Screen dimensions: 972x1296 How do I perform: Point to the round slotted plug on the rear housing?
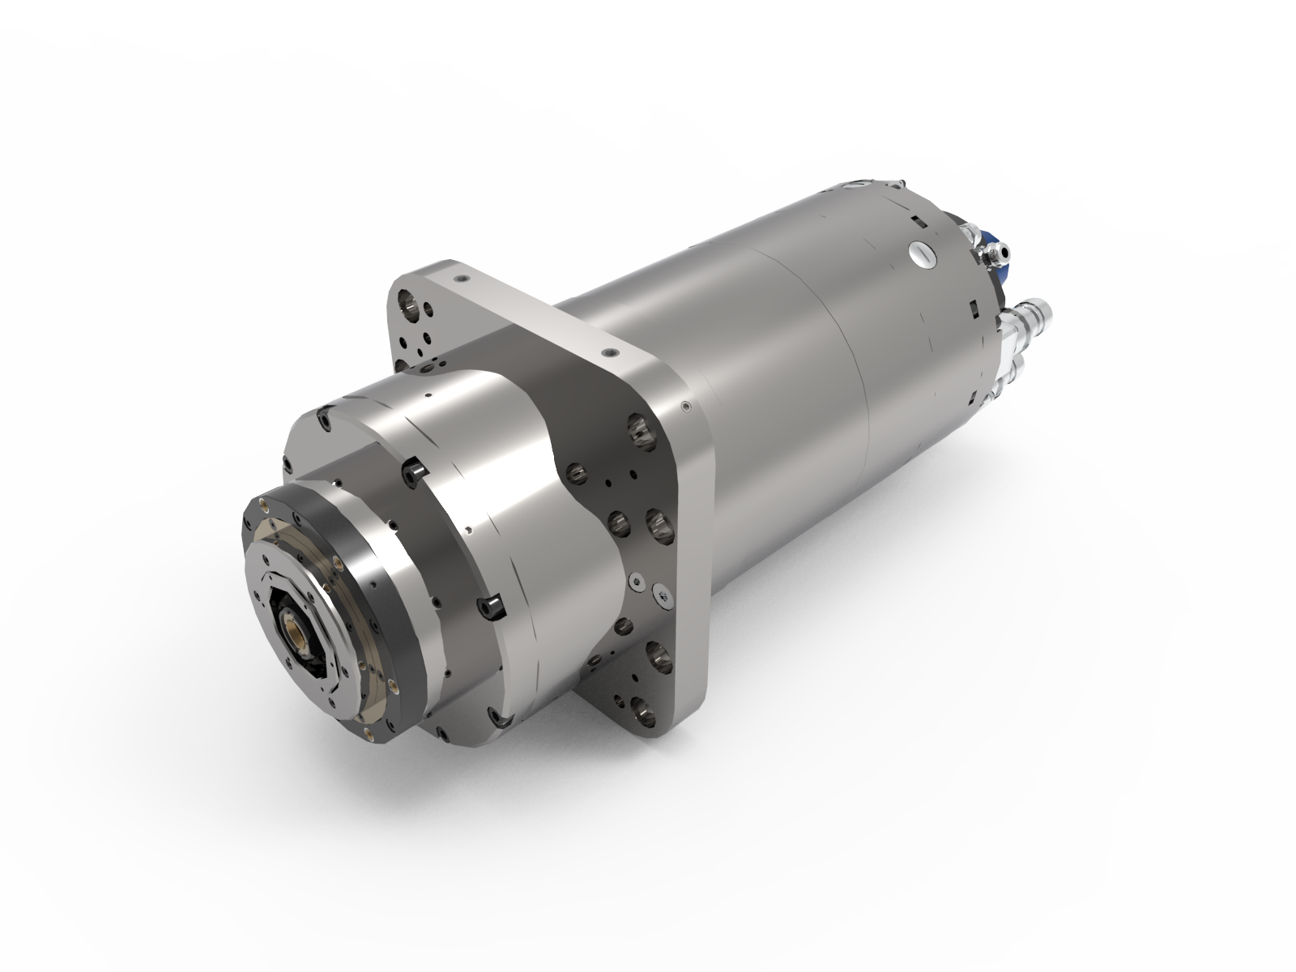coord(923,254)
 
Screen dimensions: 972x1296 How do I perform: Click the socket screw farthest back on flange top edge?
coord(461,278)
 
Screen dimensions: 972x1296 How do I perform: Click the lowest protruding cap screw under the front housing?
coord(501,718)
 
